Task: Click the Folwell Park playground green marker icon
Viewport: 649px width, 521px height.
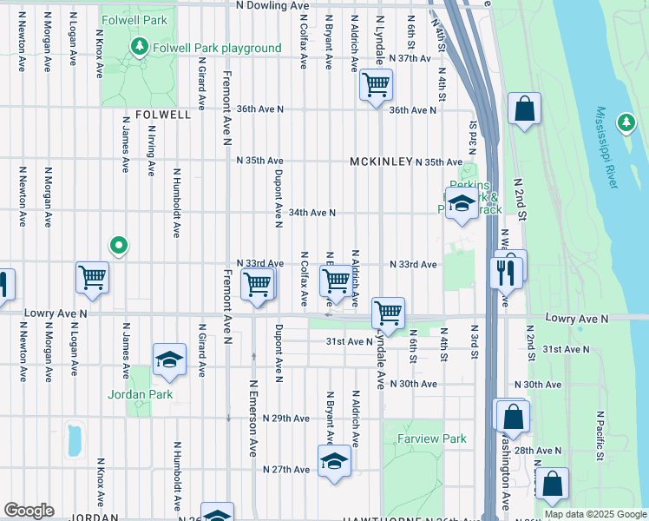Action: pos(137,46)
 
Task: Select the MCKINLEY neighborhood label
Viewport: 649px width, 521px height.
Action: pos(380,162)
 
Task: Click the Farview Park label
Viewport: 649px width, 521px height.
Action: pos(431,439)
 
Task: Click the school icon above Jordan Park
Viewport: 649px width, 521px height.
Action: pos(169,359)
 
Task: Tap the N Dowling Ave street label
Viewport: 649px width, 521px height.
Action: pos(272,5)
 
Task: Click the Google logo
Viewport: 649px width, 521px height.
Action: pos(29,511)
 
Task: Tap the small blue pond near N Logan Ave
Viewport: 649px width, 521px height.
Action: pos(73,439)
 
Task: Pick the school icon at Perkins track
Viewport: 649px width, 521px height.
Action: pos(462,204)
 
